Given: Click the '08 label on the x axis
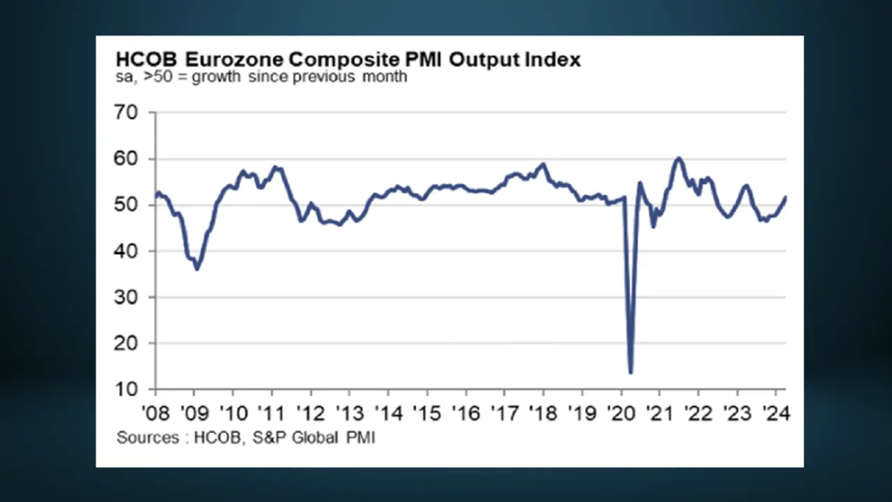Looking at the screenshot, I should tap(155, 413).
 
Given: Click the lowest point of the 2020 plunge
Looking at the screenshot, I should tap(631, 372).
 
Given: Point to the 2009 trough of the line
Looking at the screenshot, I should tap(197, 268).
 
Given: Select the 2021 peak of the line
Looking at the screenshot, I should tap(679, 158).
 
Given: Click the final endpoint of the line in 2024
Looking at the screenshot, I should tap(785, 197).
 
